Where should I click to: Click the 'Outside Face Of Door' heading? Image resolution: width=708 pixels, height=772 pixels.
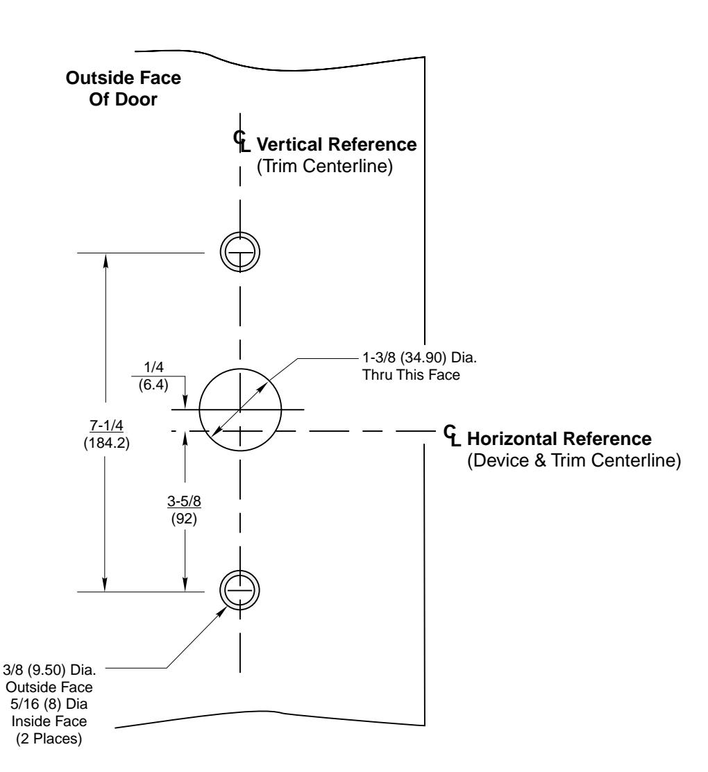click(x=123, y=88)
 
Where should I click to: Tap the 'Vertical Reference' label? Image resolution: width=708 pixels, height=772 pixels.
click(x=337, y=144)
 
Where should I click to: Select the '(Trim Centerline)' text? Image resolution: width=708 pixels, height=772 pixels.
click(x=324, y=166)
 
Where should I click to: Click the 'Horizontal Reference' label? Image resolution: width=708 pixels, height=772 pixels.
click(x=559, y=438)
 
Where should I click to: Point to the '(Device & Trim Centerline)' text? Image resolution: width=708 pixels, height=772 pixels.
click(x=574, y=460)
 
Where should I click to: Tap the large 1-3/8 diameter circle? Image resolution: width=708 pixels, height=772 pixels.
click(x=240, y=369)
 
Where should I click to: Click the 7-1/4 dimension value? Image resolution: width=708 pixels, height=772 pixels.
click(x=106, y=425)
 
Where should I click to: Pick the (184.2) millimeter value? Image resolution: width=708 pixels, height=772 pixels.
click(x=106, y=443)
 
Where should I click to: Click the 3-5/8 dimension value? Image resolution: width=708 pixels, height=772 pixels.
click(x=184, y=501)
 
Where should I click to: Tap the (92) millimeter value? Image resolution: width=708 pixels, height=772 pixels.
click(x=184, y=519)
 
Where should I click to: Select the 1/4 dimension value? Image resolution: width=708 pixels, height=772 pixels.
click(x=153, y=367)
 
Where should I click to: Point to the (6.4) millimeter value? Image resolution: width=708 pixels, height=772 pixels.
click(x=153, y=385)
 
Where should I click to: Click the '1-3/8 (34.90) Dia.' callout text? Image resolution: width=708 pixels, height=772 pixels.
click(x=420, y=357)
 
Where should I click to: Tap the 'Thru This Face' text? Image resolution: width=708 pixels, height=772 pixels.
click(x=411, y=375)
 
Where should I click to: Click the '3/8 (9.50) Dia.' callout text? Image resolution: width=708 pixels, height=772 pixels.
click(x=49, y=669)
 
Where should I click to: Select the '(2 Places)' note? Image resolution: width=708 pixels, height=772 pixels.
click(x=49, y=739)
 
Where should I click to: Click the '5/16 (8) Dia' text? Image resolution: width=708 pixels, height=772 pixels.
click(x=49, y=703)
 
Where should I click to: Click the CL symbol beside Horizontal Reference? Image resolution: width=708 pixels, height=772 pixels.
click(x=452, y=436)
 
